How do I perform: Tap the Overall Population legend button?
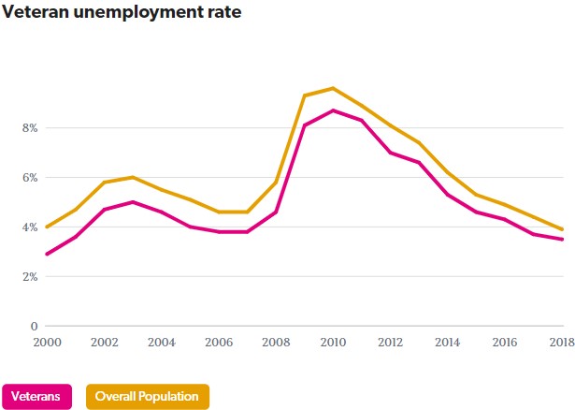148,396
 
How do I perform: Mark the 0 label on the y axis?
34,326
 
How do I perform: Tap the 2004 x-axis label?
163,344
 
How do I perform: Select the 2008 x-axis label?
277,344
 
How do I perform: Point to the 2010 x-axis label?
334,344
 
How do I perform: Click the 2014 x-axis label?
449,344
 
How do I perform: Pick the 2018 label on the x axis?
561,344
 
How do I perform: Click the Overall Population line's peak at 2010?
334,88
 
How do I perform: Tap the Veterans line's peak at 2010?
334,110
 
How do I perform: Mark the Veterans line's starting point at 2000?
46,254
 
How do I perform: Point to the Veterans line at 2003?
133,202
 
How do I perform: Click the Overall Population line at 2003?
133,177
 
